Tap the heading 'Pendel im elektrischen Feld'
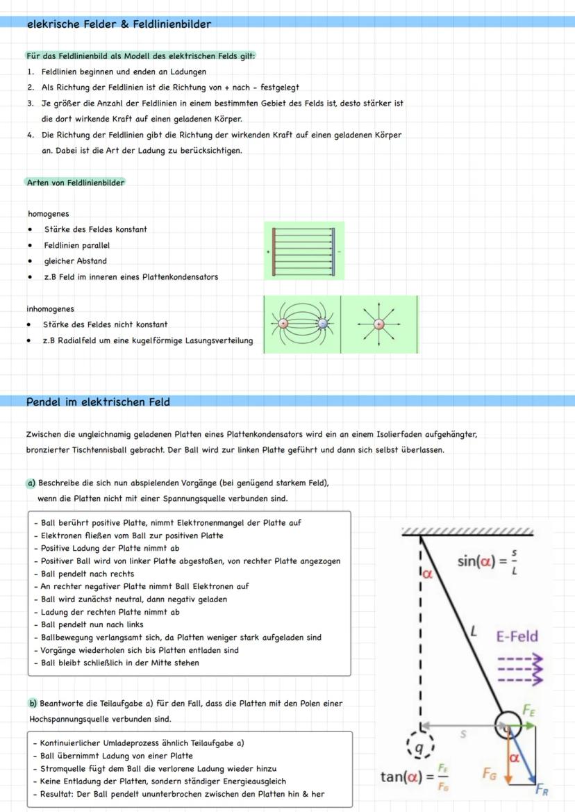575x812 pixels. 98,401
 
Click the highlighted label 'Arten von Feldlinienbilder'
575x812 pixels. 75,183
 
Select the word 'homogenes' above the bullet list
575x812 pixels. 48,214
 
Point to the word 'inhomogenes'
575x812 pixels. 50,309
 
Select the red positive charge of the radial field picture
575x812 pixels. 378,324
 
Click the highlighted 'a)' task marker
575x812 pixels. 32,483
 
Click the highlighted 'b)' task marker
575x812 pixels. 33,704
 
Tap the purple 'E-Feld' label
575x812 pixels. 517,636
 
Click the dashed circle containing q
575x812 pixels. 418,748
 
